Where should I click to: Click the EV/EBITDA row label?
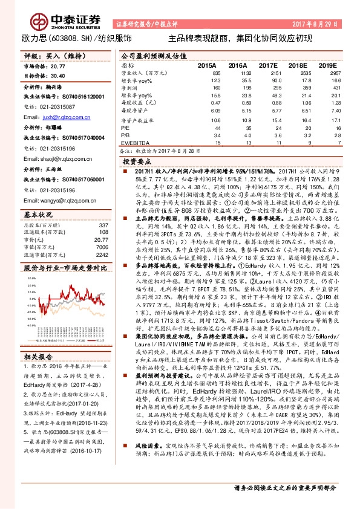[x=135, y=142]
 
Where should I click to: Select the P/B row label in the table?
[x=125, y=135]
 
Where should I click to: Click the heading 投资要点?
[x=136, y=163]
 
